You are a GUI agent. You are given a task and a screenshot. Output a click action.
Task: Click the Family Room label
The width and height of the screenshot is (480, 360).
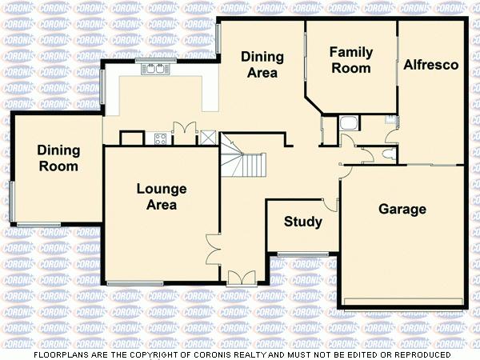[x=351, y=60]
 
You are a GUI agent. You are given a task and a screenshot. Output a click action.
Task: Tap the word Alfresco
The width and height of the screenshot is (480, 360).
[x=430, y=65]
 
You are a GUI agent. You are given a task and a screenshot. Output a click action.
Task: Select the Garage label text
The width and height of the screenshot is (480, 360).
[x=402, y=210]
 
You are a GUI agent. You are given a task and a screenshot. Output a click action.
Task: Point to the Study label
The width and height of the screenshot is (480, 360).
[x=303, y=222]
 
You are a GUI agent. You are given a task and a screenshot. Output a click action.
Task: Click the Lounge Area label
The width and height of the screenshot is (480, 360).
[x=161, y=197]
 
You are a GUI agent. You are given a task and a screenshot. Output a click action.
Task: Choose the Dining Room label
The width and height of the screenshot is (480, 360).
[x=58, y=158]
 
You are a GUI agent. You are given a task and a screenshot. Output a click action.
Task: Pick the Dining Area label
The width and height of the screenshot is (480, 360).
[x=262, y=64]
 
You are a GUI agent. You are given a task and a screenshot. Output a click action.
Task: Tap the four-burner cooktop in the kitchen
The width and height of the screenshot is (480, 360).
[x=159, y=138]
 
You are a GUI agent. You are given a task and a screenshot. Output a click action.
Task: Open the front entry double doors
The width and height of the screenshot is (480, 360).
[x=240, y=278]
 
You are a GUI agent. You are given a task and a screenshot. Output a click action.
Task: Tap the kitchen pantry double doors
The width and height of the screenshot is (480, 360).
[x=185, y=132]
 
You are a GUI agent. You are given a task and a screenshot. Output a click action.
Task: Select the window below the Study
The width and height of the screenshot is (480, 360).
[x=303, y=255]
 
